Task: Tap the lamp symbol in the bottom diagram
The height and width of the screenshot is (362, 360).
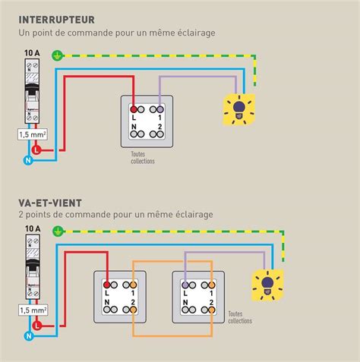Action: tap(267, 285)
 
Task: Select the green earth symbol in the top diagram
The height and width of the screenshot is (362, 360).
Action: tap(55, 55)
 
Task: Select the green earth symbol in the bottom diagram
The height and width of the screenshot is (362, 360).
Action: tap(55, 238)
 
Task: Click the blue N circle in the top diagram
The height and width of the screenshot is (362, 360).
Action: tap(28, 160)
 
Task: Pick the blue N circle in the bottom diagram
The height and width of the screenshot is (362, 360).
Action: tap(28, 334)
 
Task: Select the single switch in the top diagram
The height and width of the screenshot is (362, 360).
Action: tap(146, 121)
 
